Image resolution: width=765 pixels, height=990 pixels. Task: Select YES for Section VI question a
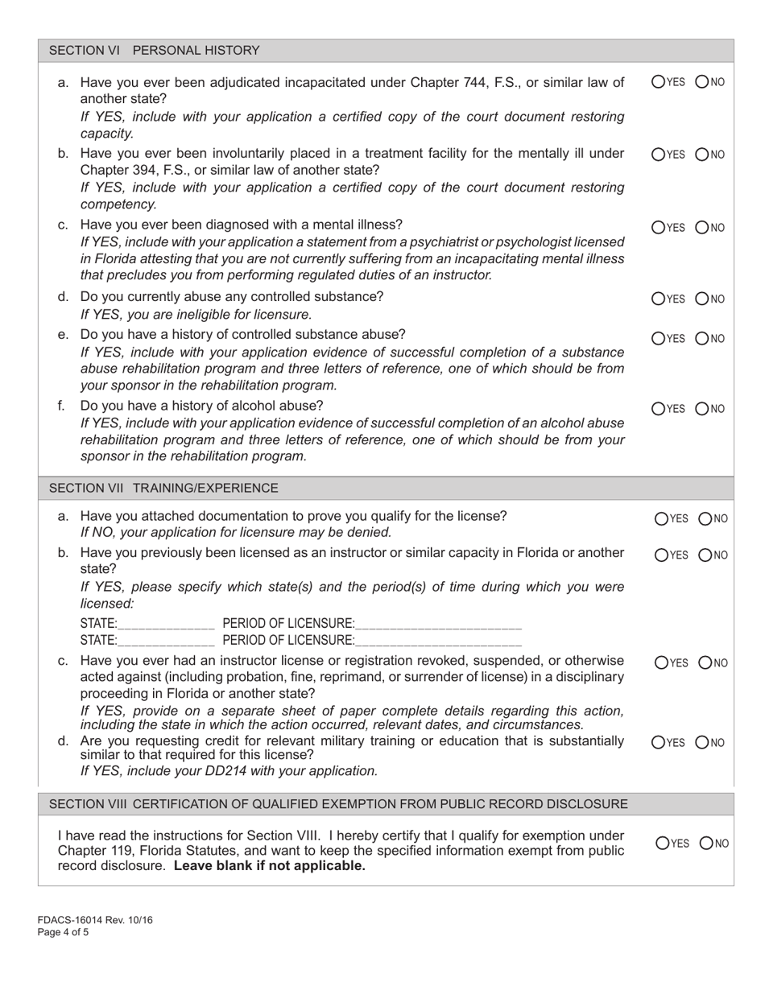click(x=658, y=81)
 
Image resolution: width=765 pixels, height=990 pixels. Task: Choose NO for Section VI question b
click(x=701, y=154)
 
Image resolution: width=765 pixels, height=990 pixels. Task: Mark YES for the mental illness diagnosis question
click(x=658, y=228)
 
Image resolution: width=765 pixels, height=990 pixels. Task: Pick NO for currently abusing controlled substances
click(x=701, y=299)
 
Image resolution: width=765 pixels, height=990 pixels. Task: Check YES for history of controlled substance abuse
click(x=658, y=338)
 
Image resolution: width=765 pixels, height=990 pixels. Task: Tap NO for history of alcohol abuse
click(x=701, y=409)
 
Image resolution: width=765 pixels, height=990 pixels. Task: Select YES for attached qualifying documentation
click(x=661, y=519)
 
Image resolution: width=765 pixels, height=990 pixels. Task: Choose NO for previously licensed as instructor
click(x=705, y=555)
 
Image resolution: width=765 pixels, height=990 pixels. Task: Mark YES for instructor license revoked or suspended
click(x=661, y=663)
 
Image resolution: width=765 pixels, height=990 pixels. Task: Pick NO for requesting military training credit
click(x=705, y=742)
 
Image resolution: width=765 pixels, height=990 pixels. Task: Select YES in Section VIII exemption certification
click(x=661, y=844)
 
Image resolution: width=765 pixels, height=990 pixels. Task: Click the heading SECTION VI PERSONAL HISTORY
click(x=155, y=51)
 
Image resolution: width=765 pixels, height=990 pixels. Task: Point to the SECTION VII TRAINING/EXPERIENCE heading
click(x=163, y=488)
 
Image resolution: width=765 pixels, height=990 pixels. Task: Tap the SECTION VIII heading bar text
click(x=338, y=804)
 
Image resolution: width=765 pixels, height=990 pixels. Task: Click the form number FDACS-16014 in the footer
click(x=72, y=920)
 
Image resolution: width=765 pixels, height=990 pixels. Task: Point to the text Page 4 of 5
click(x=64, y=933)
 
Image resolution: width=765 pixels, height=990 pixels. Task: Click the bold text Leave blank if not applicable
click(x=269, y=866)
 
